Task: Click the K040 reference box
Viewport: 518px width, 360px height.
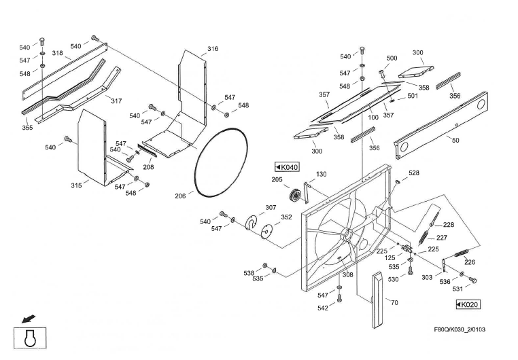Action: (x=286, y=167)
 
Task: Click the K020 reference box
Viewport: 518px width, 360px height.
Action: (x=466, y=305)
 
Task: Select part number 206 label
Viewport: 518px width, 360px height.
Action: (x=179, y=196)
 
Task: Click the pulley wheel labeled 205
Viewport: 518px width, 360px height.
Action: (x=295, y=197)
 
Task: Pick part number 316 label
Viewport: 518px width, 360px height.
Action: (x=213, y=49)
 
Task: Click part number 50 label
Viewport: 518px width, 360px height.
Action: (x=455, y=141)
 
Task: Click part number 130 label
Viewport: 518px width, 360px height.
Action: (x=321, y=175)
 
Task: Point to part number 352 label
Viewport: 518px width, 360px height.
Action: (x=286, y=217)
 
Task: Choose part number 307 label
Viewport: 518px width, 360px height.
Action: (x=271, y=207)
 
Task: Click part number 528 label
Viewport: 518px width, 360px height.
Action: (x=413, y=174)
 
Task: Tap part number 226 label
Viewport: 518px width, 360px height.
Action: (x=469, y=262)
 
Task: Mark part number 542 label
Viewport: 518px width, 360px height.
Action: (x=323, y=308)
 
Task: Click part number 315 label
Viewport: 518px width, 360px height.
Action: (x=76, y=185)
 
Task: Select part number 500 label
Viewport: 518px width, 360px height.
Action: (x=392, y=58)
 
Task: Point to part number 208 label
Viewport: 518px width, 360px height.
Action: (x=148, y=167)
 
